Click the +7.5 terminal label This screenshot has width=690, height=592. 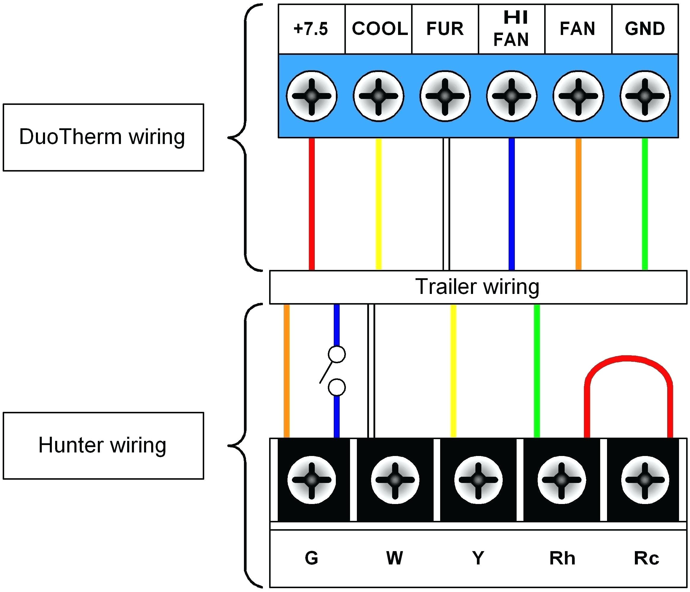(x=311, y=29)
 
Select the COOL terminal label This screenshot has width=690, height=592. (x=380, y=29)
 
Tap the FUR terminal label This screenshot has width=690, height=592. (x=445, y=29)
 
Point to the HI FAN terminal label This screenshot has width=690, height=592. (x=512, y=29)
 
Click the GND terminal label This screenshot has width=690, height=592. (x=645, y=29)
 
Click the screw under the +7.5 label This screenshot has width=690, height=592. (x=312, y=96)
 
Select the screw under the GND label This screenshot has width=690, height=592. (x=645, y=96)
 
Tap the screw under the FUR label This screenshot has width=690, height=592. (x=445, y=96)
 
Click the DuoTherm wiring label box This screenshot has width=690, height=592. (x=103, y=137)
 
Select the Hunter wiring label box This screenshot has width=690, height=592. (x=103, y=446)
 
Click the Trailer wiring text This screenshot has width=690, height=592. (x=477, y=287)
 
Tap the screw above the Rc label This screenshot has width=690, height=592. (x=645, y=480)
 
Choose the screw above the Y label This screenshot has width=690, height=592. (x=478, y=480)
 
